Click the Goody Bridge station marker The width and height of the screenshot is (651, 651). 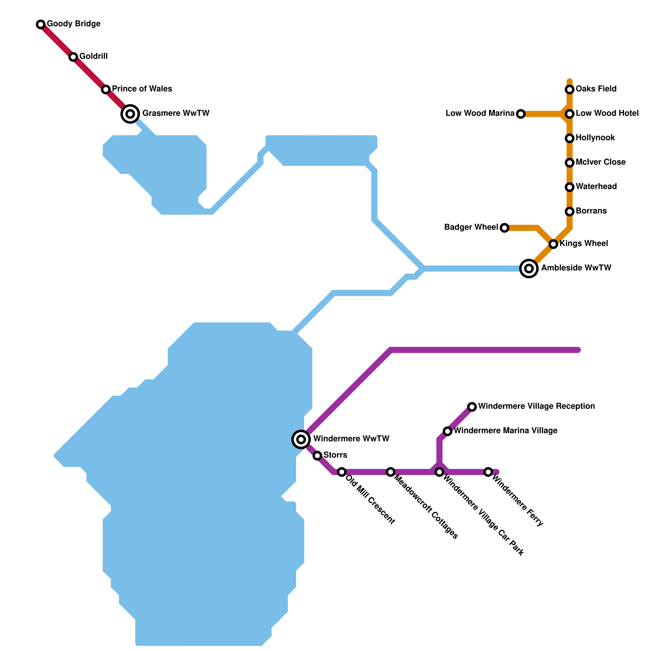click(x=41, y=24)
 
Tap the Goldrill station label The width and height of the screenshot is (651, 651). click(x=93, y=57)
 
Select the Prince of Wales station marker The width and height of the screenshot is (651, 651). click(x=106, y=90)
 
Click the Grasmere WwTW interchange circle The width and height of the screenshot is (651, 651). click(x=130, y=114)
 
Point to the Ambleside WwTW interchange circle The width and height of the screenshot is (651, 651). click(x=529, y=269)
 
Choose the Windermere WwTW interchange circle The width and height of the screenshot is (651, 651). click(x=301, y=439)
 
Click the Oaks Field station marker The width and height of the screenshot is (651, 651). click(x=570, y=90)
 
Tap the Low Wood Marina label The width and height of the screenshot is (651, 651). click(x=480, y=114)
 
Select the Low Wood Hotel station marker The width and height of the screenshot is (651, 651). click(x=570, y=114)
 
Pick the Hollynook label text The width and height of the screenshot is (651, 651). click(x=595, y=138)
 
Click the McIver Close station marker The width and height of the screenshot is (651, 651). click(x=570, y=163)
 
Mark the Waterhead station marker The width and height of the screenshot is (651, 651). click(x=570, y=187)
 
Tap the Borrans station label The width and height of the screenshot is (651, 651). click(x=591, y=211)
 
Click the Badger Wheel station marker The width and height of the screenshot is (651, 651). click(x=505, y=228)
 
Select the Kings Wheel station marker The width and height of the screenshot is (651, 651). click(x=553, y=244)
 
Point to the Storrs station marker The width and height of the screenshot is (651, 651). click(x=317, y=456)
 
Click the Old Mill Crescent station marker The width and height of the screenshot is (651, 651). click(x=342, y=472)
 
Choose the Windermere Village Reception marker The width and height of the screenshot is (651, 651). click(x=472, y=407)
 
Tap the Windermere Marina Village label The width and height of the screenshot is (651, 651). click(x=505, y=431)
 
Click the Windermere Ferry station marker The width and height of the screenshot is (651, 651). click(x=488, y=472)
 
